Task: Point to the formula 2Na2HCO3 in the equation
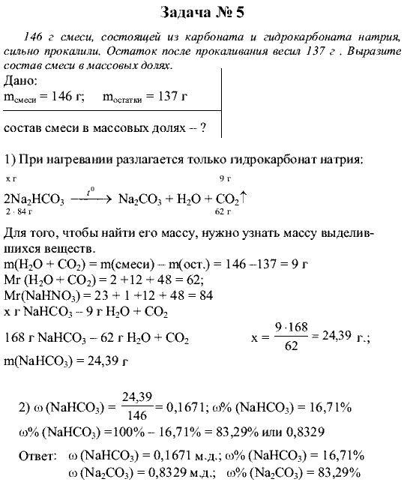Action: pyautogui.click(x=34, y=199)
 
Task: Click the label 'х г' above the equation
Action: pyautogui.click(x=10, y=180)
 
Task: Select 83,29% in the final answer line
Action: pyautogui.click(x=340, y=472)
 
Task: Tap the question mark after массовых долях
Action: pyautogui.click(x=202, y=128)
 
